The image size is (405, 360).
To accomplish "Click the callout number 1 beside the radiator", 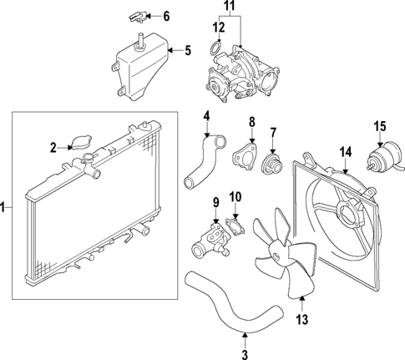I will pyautogui.click(x=5, y=205).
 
